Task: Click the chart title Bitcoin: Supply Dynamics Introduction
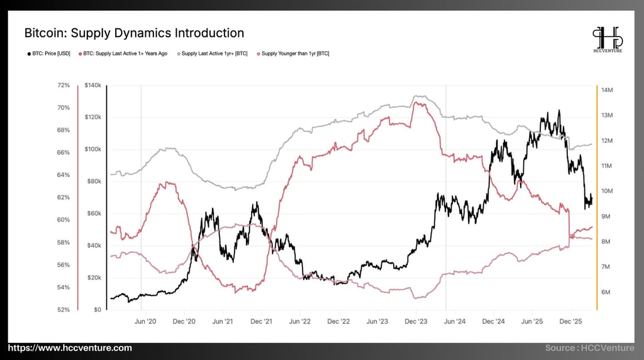click(134, 33)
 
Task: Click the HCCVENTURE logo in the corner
click(607, 40)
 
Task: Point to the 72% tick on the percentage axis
click(64, 85)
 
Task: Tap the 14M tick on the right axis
click(607, 90)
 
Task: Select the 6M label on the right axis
click(606, 292)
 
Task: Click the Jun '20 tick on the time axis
click(146, 321)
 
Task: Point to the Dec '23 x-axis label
click(416, 321)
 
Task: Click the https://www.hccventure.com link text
click(70, 348)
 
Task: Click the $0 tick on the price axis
click(97, 310)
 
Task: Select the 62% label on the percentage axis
click(64, 198)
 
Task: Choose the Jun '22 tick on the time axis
click(301, 321)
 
